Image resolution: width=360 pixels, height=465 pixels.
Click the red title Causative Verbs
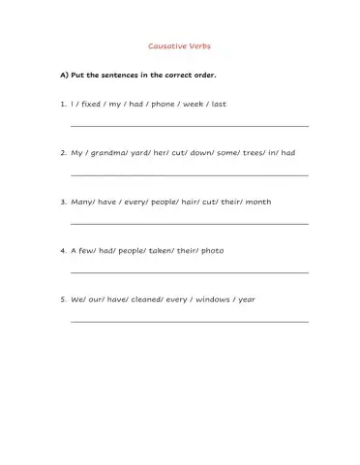pos(179,46)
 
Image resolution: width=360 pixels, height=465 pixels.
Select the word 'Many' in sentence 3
pos(82,202)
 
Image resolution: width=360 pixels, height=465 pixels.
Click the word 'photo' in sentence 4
pos(212,251)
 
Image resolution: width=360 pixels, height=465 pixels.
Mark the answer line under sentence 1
pos(190,127)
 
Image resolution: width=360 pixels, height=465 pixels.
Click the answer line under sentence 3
pos(190,225)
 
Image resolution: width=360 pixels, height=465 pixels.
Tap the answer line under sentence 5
pos(190,323)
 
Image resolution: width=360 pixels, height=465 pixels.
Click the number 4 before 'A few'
pos(62,251)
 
